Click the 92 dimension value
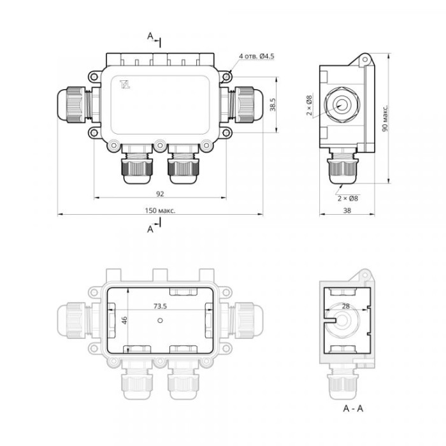coord(160,194)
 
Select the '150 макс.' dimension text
coord(160,210)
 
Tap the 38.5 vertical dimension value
coord(273,104)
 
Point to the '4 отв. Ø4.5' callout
coord(257,56)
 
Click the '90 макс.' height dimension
coord(385,119)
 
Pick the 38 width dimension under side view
coord(347,210)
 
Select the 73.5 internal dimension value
coord(160,306)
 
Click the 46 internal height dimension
coord(124,320)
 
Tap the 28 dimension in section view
coord(346,306)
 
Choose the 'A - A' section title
coord(353,409)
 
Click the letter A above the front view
coord(150,36)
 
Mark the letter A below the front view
coord(150,229)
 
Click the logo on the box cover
coord(125,85)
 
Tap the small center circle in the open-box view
coord(160,320)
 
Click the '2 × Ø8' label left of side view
coord(309,105)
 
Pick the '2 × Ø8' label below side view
coord(348,198)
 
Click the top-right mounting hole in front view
coord(226,77)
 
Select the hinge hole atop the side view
coord(364,60)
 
